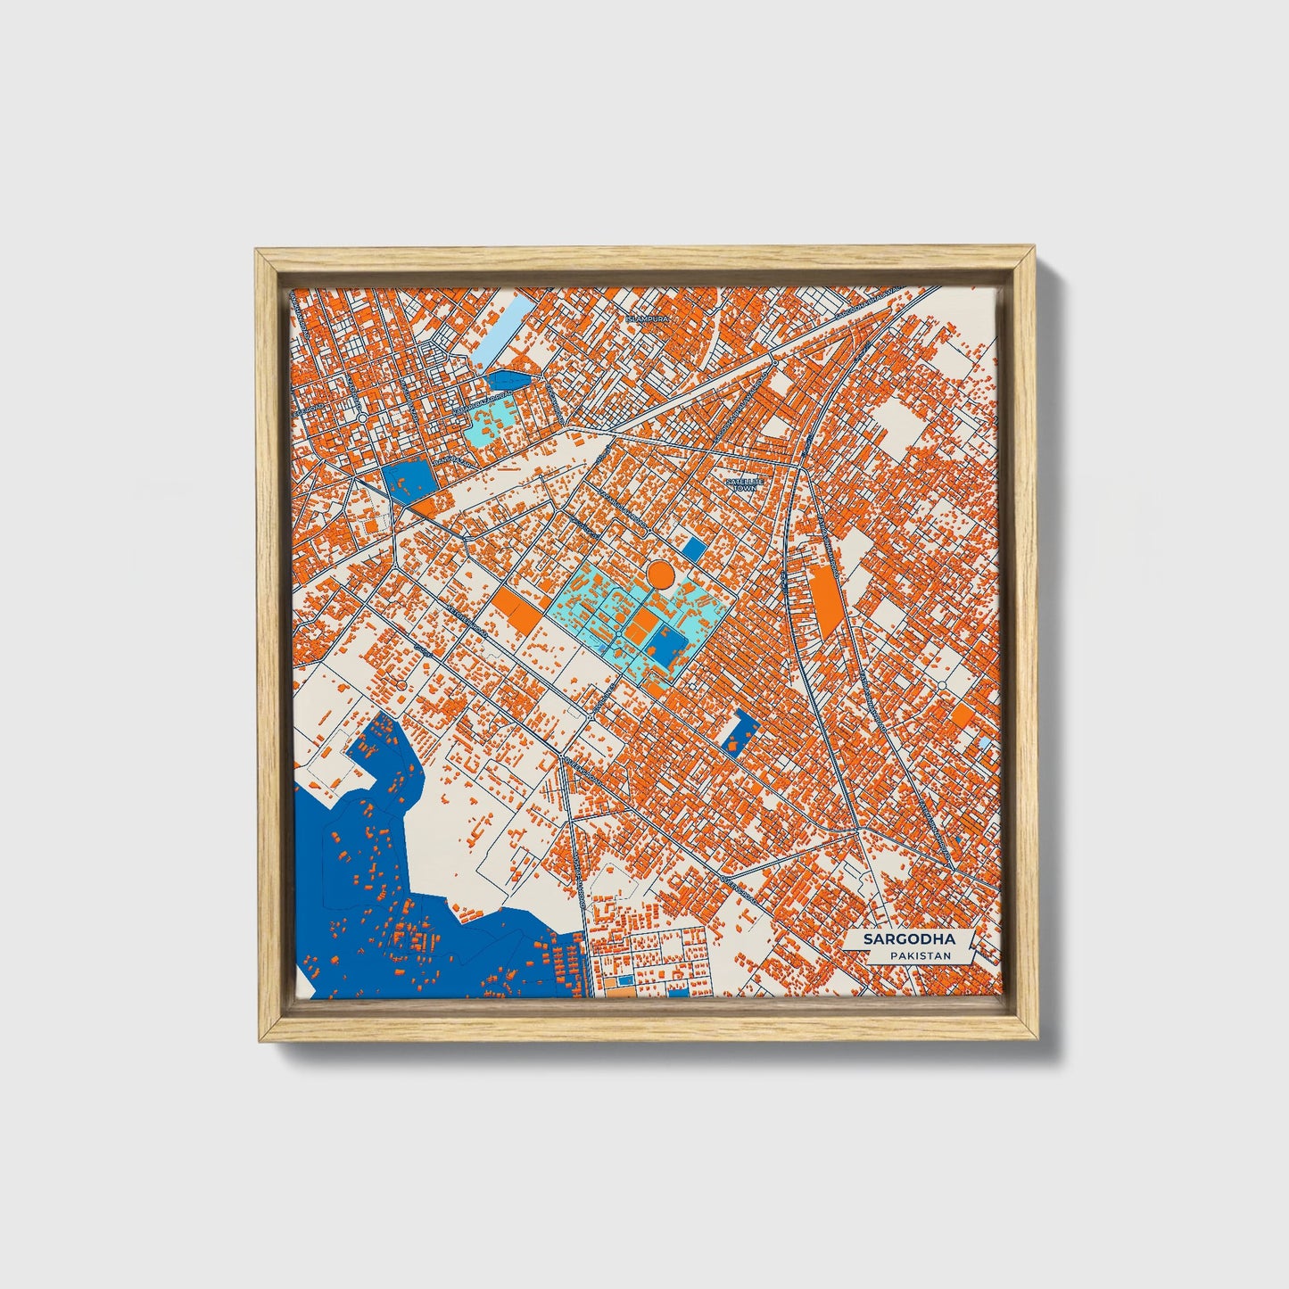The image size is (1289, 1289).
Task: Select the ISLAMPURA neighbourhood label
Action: pos(647,318)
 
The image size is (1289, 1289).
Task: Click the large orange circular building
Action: pos(660,574)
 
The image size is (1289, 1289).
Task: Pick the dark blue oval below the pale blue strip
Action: pos(507,381)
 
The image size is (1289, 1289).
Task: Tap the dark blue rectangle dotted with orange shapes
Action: pos(737,731)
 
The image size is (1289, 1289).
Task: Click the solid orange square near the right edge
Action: pos(962,715)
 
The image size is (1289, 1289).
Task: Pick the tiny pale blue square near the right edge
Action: pos(984,742)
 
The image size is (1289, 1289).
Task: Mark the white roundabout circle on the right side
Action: pos(942,685)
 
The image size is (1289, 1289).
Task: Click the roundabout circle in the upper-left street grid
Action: pos(361,417)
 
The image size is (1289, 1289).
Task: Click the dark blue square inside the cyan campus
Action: pos(664,639)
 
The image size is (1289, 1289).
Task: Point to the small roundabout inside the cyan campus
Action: pos(618,632)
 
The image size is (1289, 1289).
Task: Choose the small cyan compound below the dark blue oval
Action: pos(489,422)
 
